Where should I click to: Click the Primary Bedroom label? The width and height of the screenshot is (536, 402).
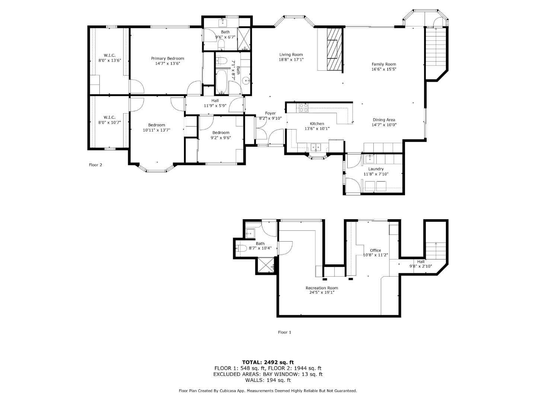(x=167, y=58)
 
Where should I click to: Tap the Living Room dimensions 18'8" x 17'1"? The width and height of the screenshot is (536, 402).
(x=291, y=60)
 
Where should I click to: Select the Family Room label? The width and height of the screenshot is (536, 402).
(x=383, y=64)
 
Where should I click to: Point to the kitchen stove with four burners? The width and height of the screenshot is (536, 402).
(x=303, y=108)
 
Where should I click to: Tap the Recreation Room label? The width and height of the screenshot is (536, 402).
(x=322, y=288)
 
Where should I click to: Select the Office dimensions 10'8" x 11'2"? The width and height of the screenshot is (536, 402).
(x=375, y=255)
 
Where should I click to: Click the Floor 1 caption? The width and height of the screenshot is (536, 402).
(x=284, y=332)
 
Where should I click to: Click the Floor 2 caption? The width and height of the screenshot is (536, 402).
(x=95, y=165)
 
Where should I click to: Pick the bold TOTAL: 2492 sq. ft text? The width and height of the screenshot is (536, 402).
(x=268, y=362)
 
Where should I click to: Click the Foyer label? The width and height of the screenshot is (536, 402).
(x=270, y=113)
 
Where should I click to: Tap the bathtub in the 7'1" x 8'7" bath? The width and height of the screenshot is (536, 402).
(x=221, y=82)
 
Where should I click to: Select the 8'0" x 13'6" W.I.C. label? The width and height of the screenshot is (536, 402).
(x=109, y=55)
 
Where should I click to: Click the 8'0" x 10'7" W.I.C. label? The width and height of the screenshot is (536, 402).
(x=109, y=117)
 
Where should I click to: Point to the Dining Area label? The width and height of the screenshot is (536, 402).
(x=384, y=120)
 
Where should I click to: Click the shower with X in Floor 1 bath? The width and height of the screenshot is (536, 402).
(x=266, y=266)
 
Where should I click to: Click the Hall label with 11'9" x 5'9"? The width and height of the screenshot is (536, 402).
(x=215, y=100)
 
